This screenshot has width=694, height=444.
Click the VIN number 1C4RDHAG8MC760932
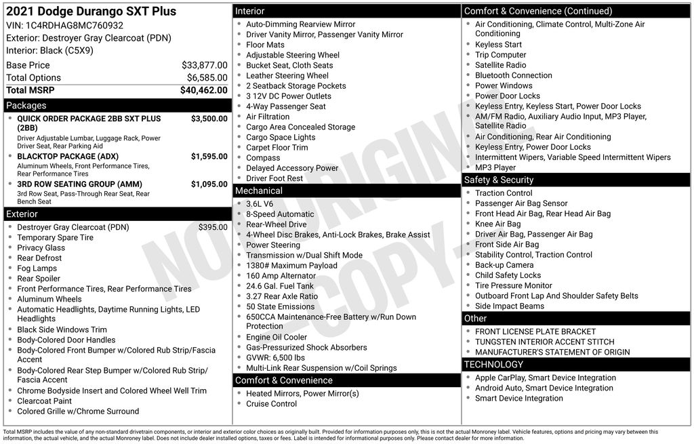[x=75, y=26]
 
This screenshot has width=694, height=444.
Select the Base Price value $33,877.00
[x=204, y=65]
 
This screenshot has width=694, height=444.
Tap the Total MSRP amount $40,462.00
[x=203, y=90]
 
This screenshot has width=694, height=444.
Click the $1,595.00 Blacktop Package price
[x=209, y=157]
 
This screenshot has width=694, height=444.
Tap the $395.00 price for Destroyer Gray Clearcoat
[x=213, y=228]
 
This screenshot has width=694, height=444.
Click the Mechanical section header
[x=259, y=191]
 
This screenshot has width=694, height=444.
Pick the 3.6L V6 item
[x=260, y=204]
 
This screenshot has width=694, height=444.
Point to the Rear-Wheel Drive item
[x=276, y=224]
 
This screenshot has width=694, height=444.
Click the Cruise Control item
[x=271, y=404]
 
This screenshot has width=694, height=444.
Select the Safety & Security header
[x=498, y=180]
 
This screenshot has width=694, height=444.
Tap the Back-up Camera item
[x=504, y=265]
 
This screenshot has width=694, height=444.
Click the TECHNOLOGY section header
[x=493, y=365]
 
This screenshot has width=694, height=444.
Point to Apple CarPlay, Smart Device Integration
[x=545, y=378]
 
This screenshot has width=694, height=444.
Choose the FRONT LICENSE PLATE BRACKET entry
[x=535, y=331]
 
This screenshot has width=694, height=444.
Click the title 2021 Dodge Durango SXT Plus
[x=91, y=12]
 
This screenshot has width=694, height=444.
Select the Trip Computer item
[x=500, y=55]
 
